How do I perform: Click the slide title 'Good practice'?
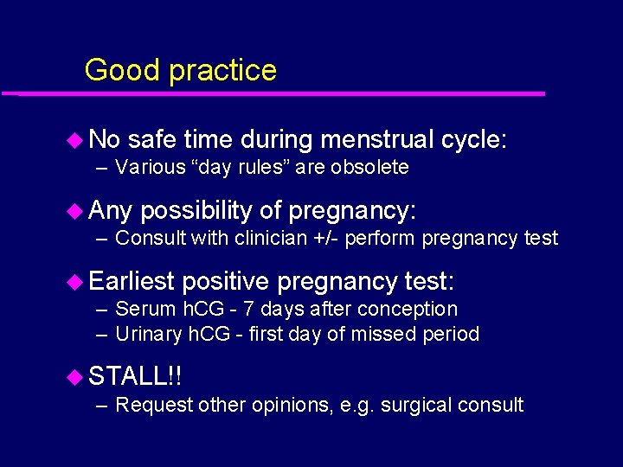(180, 70)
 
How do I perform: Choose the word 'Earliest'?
(132, 281)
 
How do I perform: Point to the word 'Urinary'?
(145, 334)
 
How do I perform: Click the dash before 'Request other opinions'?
(102, 405)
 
